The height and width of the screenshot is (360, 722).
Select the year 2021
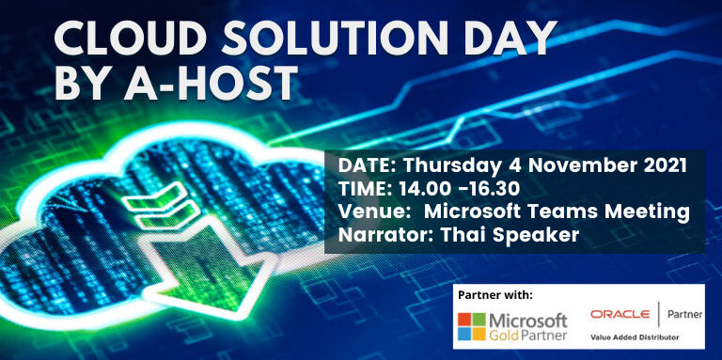[658, 164]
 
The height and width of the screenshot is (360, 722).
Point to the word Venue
[368, 211]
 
